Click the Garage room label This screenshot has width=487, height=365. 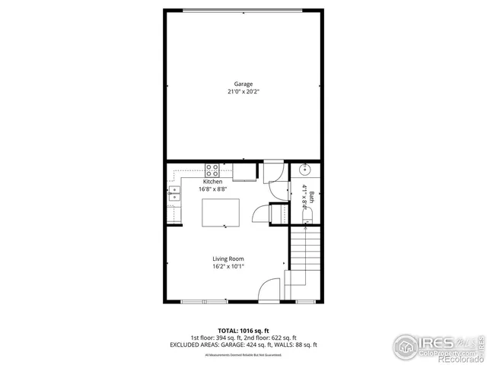click(x=243, y=84)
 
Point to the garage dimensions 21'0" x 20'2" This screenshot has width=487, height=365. click(x=243, y=91)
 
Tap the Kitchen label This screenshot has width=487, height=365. click(x=212, y=182)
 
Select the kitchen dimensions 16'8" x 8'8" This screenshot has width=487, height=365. click(x=212, y=189)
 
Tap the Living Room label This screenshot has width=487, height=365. click(x=228, y=259)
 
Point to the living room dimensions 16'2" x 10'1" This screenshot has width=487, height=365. click(x=228, y=267)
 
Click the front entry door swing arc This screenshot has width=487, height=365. click(x=269, y=290)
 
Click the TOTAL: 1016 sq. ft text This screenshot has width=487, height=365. click(x=243, y=331)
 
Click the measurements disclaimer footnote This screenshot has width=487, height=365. click(x=243, y=354)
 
